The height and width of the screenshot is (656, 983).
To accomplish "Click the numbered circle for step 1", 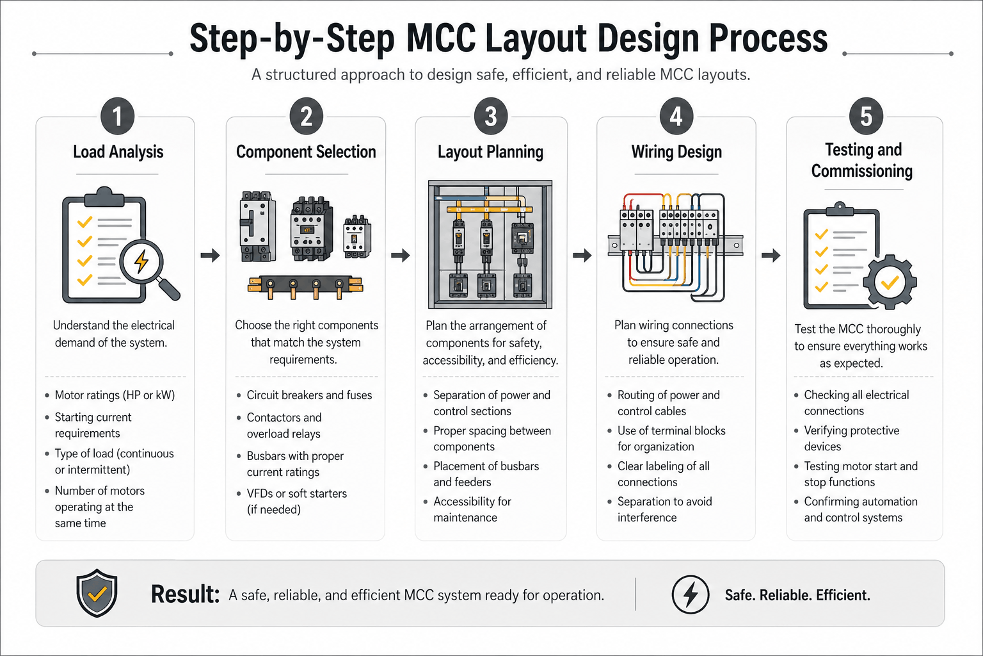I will click(x=117, y=117).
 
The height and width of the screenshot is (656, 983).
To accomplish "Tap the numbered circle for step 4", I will click(x=676, y=117).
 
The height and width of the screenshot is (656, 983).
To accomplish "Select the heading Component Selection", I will click(x=306, y=152).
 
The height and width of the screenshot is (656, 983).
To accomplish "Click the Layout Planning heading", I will click(x=490, y=152).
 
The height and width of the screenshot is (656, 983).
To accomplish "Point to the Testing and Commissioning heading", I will click(x=862, y=160).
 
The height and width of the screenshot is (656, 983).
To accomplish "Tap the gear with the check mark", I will click(x=890, y=281).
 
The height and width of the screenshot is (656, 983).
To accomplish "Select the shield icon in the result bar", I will click(x=97, y=593).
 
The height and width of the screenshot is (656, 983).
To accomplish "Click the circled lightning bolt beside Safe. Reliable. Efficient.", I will click(x=690, y=594).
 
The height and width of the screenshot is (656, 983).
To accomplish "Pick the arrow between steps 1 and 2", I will click(x=210, y=256).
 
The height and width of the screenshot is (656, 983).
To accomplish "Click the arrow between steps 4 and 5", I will click(x=771, y=256).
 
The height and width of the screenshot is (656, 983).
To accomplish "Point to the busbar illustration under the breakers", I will click(x=305, y=286).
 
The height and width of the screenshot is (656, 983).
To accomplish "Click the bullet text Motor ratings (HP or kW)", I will click(x=115, y=395).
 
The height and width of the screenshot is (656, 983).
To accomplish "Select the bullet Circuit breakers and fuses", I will click(x=309, y=395).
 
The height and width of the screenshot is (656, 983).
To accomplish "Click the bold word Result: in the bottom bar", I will click(x=185, y=594).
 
